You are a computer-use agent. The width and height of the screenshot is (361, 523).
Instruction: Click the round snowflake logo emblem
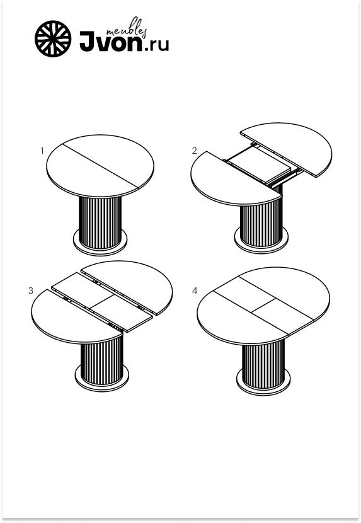pos(53,38)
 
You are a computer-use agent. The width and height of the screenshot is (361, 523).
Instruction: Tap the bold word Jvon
pos(111,42)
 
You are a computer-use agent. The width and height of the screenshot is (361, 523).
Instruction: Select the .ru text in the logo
pos(156,45)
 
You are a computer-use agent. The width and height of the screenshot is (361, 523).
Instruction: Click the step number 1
pos(42,151)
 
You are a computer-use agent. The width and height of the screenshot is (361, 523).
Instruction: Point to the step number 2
pos(195,151)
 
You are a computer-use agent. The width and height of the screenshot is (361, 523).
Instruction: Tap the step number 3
pos(31,290)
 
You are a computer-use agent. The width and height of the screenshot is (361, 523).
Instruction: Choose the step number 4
pos(195,291)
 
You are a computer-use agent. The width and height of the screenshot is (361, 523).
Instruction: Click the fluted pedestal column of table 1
pos(100,222)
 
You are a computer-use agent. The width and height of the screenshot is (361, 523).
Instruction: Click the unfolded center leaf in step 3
pos(102,302)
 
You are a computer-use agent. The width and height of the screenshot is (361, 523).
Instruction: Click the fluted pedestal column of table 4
pos(263,364)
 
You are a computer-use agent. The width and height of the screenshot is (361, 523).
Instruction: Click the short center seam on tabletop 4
pos(263,306)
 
